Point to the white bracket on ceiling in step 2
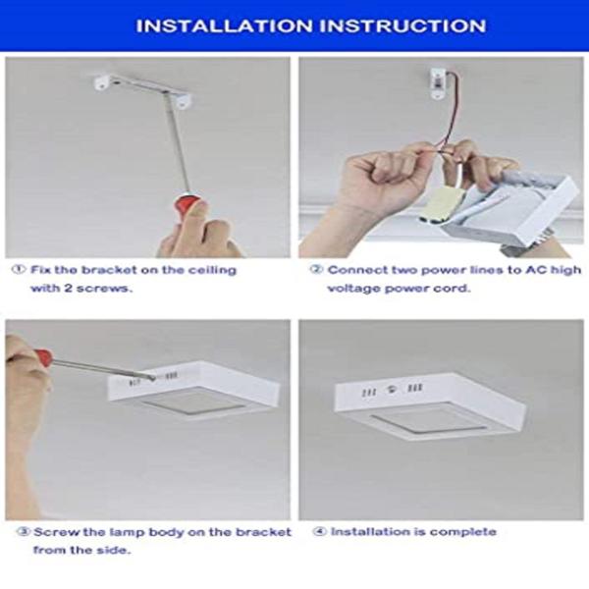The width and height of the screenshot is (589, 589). click(439, 82)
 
